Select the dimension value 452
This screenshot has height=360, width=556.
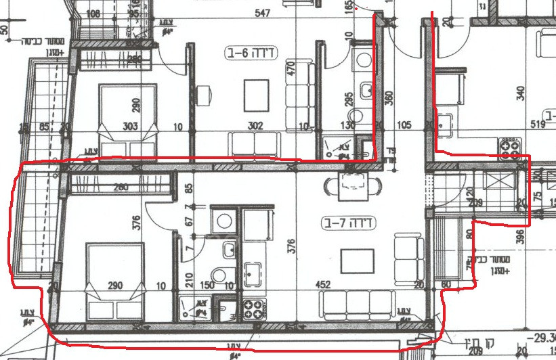click(323, 285)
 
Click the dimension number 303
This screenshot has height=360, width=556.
click(130, 126)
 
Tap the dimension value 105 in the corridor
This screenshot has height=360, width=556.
click(404, 125)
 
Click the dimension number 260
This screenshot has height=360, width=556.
click(121, 188)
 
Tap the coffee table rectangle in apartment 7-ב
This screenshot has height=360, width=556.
click(357, 261)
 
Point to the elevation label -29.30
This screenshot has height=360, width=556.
click(542, 337)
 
